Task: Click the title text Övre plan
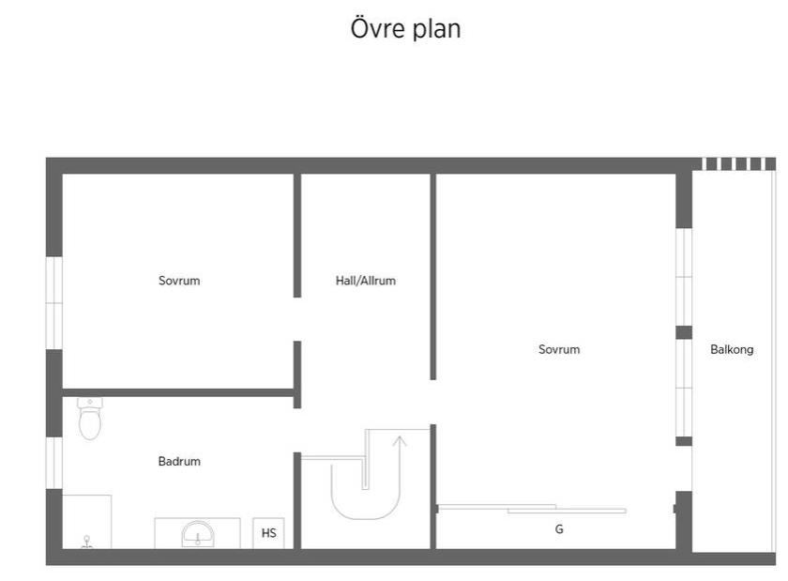coord(405,29)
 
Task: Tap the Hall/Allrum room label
coord(365,281)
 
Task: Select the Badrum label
coord(179,461)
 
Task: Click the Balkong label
coord(732,349)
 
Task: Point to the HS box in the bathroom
coord(268,533)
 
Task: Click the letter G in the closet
coord(559,529)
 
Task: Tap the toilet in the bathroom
coord(90,419)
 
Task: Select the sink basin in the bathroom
coord(198,534)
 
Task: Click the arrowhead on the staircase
coord(400,441)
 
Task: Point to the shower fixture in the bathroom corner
coord(87,542)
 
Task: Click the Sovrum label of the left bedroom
coord(179,281)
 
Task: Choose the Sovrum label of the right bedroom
coord(559,349)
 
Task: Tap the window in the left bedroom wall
coord(54,303)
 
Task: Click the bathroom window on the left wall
coord(54,463)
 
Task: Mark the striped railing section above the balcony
coord(739,164)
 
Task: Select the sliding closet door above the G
coord(532,509)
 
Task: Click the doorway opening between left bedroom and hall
coord(297,319)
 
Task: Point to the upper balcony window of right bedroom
coord(684,277)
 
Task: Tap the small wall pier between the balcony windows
coord(684,332)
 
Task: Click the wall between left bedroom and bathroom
coord(178,392)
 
